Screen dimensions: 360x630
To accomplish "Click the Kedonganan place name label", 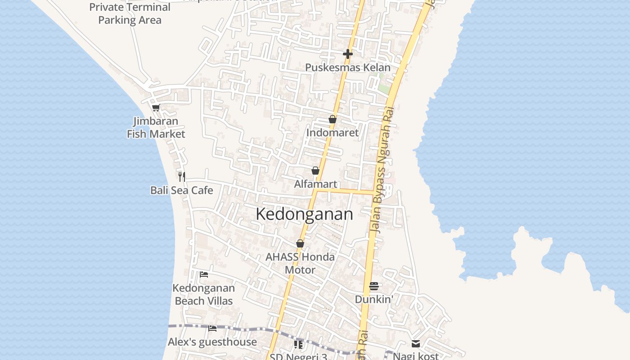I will [304, 214].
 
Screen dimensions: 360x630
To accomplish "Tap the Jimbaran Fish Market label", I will [156, 127].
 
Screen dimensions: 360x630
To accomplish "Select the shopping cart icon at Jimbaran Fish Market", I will [156, 108].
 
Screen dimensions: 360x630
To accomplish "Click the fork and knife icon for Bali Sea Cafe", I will [181, 176].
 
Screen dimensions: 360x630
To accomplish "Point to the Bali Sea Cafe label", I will [181, 190].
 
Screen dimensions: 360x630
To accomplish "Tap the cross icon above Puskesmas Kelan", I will [347, 54].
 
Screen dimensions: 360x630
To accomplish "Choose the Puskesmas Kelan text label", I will [347, 67].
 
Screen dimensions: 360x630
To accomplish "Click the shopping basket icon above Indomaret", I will [332, 119].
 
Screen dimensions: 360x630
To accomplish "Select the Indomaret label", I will [332, 133].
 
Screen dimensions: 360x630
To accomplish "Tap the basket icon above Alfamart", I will [315, 171].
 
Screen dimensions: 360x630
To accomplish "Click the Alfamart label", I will [315, 184].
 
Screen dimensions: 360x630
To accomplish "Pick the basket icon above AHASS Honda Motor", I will [300, 243].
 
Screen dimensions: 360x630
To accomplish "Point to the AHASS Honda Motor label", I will [300, 263].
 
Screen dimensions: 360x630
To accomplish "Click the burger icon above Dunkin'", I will [374, 286].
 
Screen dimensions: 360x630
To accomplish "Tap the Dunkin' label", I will [374, 299].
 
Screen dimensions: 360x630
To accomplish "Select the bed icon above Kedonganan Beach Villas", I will [204, 274].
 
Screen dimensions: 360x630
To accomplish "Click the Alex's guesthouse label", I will [212, 342].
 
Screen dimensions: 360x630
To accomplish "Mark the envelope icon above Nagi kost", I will [416, 344].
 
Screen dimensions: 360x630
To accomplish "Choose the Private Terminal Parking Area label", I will [130, 13].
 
